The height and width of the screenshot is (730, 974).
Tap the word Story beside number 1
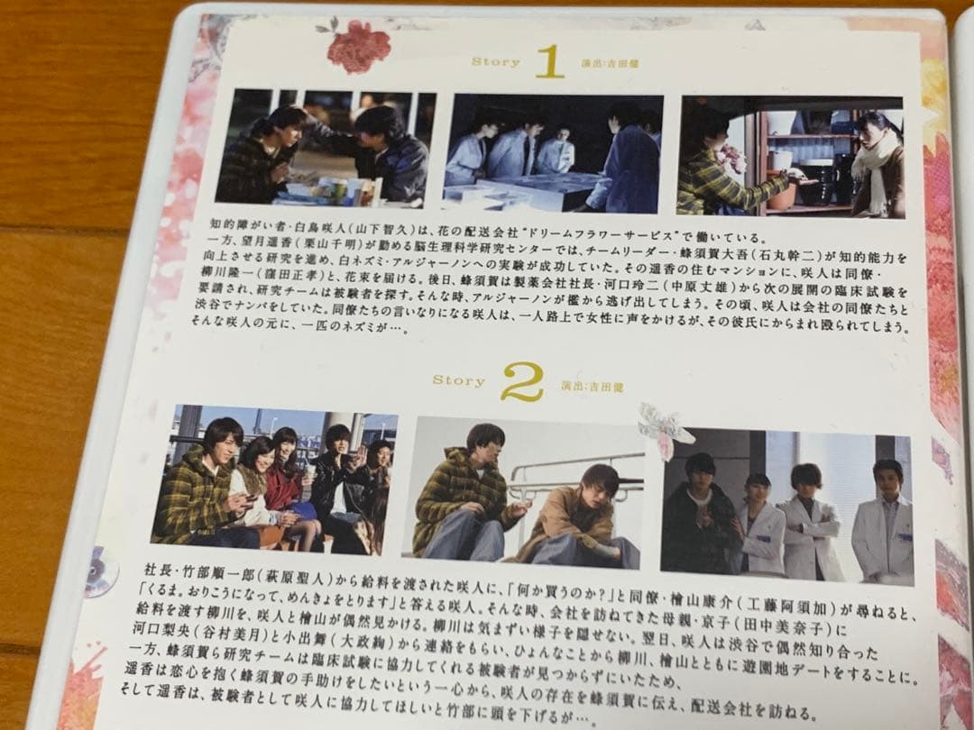(495, 62)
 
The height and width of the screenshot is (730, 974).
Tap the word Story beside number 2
(458, 380)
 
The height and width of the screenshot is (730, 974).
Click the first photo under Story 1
(325, 147)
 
